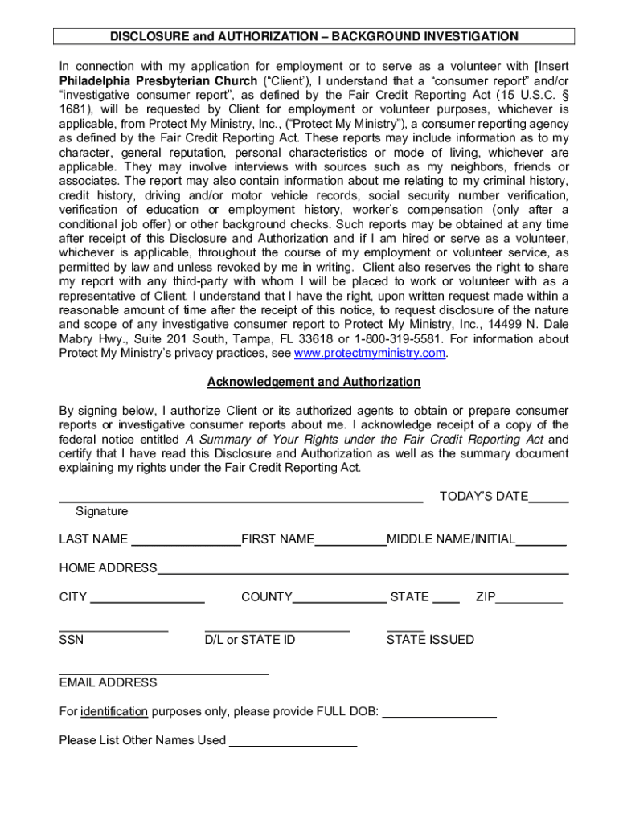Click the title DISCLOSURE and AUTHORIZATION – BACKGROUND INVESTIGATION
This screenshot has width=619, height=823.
click(x=314, y=36)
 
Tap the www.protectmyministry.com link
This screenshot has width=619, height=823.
click(x=370, y=354)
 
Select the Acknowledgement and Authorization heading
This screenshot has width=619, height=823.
click(x=314, y=382)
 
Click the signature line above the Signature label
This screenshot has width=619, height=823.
click(x=241, y=498)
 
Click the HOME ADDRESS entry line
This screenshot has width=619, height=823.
click(x=363, y=571)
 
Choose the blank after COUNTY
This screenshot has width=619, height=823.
click(x=339, y=599)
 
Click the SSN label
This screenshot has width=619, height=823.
click(x=71, y=640)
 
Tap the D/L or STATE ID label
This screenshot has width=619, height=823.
click(x=250, y=640)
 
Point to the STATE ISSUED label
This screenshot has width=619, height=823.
click(x=430, y=640)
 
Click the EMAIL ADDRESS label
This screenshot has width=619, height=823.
click(x=108, y=682)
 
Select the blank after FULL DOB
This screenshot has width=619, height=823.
click(x=439, y=713)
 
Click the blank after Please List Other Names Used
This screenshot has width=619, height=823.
click(x=293, y=743)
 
